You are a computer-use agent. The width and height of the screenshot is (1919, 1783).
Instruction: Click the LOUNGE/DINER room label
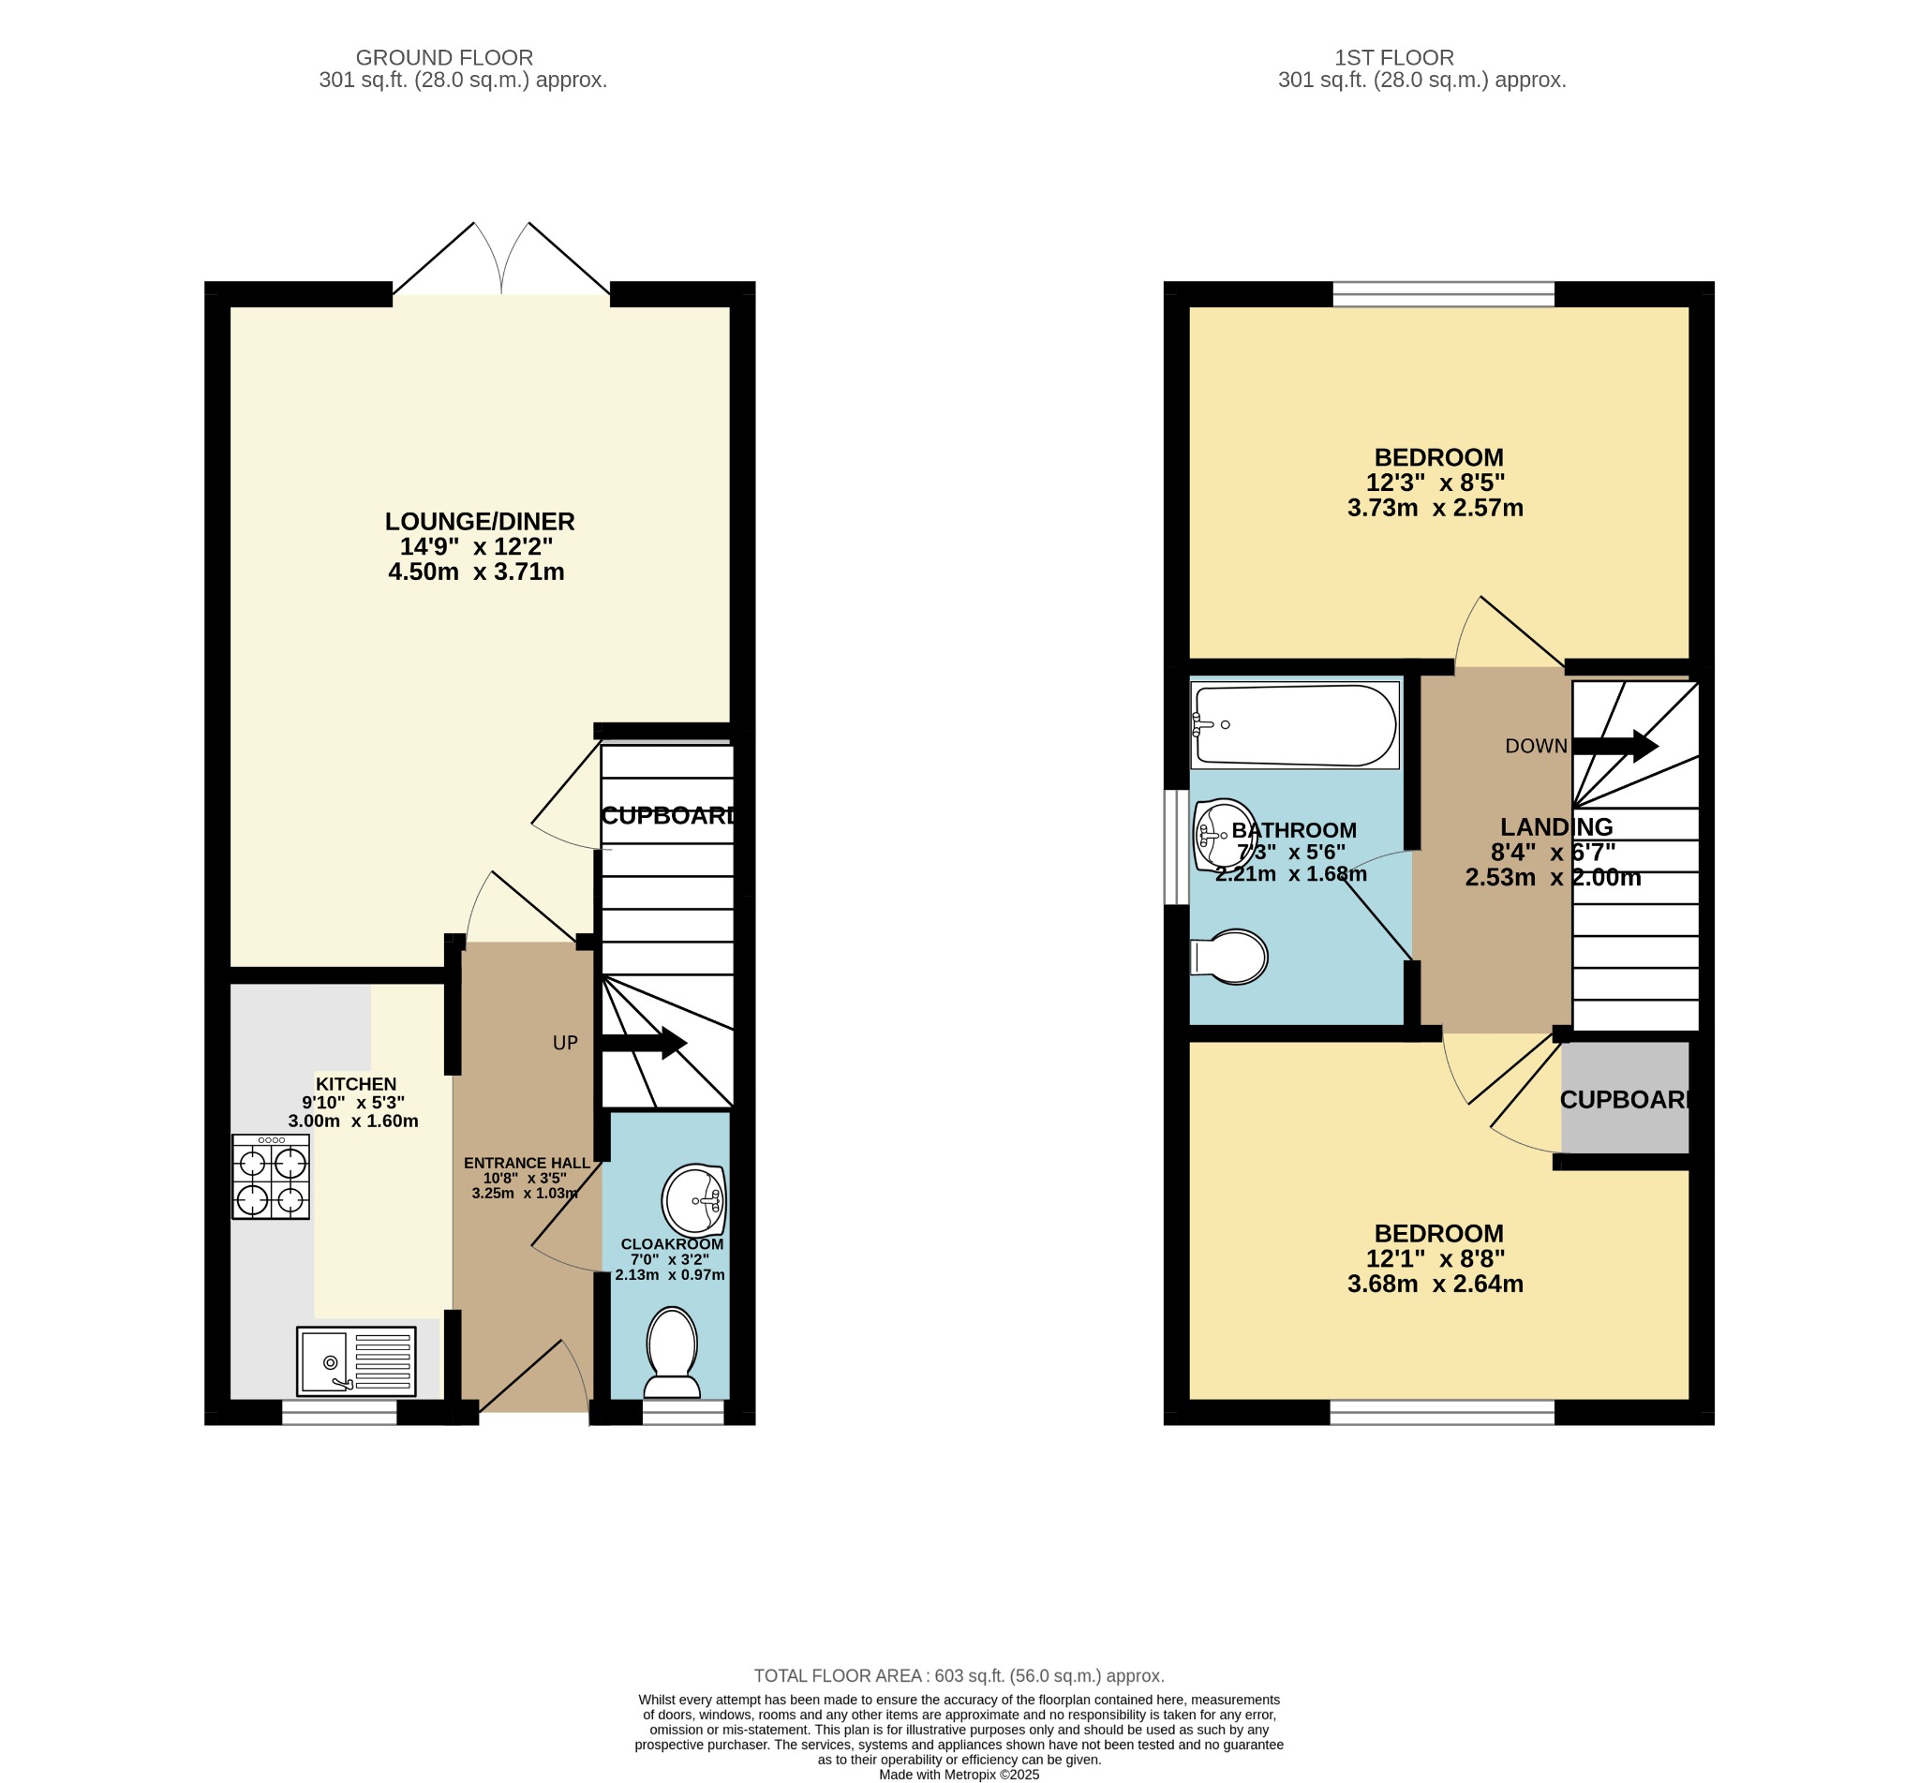pos(480,521)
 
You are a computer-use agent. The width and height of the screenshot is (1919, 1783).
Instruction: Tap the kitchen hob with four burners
pos(271,1176)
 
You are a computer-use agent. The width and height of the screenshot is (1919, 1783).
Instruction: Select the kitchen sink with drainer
pos(356,1361)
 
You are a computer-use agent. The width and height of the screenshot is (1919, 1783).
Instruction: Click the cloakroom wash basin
pos(693,1201)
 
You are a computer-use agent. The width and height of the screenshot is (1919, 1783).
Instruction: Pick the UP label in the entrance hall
pos(565,1043)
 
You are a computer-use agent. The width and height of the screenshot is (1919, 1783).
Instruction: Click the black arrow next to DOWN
pos(1615,746)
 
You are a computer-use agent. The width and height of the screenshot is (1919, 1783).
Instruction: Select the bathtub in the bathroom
pos(1295,725)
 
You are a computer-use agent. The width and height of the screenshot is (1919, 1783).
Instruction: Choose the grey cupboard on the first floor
pos(1626,1097)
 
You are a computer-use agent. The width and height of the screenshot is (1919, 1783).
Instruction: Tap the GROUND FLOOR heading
pos(445,58)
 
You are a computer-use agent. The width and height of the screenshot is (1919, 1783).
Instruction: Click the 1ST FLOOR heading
pos(1394,58)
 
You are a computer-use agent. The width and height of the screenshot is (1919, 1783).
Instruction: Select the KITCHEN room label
pos(356,1083)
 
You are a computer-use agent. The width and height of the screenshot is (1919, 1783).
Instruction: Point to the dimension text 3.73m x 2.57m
pos(1436,508)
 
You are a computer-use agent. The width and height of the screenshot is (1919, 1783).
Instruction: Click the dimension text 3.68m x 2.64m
pos(1436,1285)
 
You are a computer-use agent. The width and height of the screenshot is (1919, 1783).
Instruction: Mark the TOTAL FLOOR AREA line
pos(959,1676)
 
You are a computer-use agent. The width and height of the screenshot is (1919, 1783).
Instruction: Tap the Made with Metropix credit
pos(959,1775)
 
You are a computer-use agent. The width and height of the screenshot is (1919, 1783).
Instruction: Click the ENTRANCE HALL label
pos(527,1163)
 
